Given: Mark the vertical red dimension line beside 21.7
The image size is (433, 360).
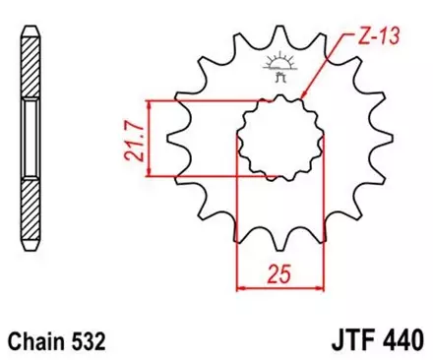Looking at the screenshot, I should (x=149, y=139).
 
